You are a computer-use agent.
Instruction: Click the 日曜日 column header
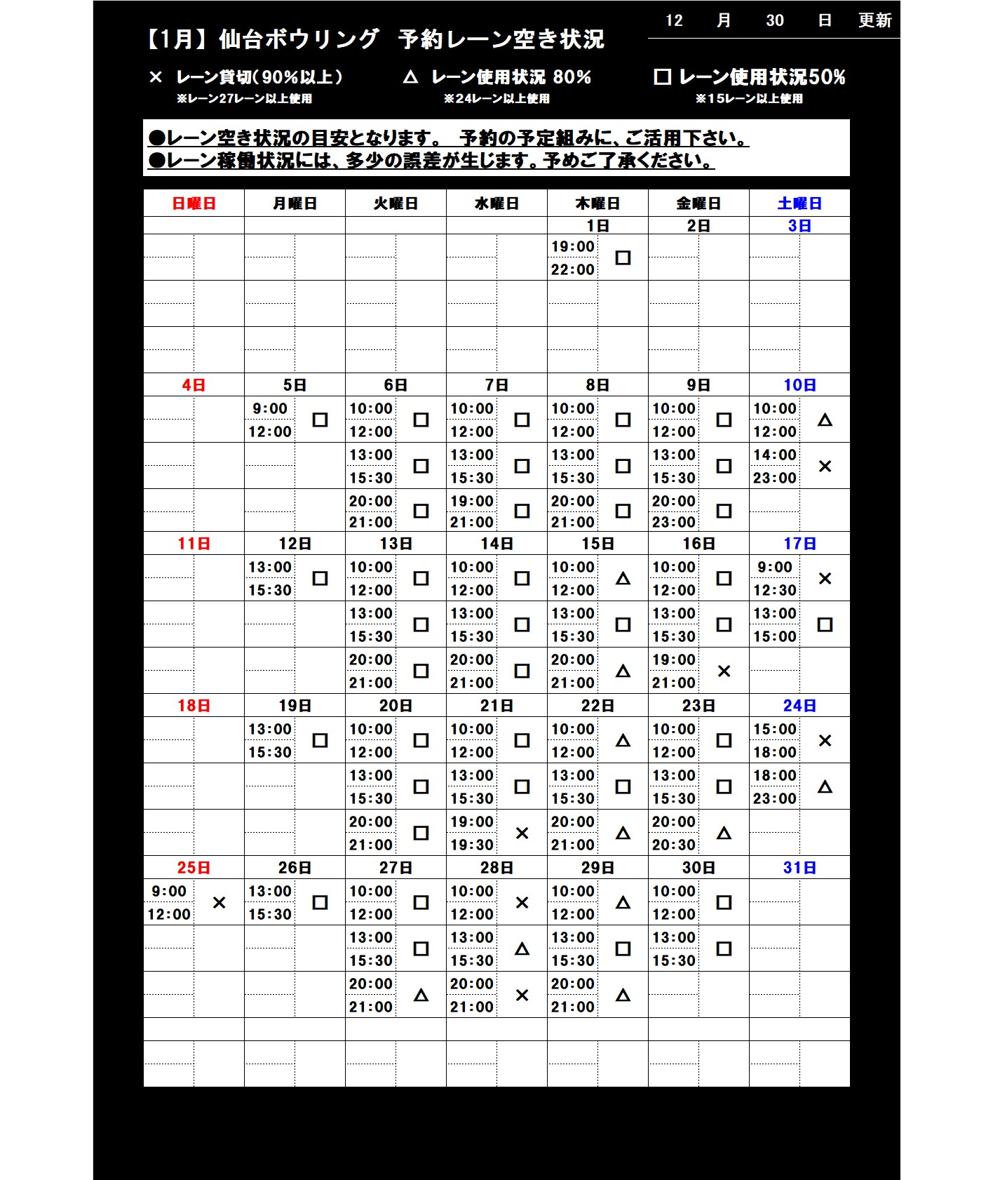point(194,203)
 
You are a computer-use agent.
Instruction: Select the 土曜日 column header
point(799,203)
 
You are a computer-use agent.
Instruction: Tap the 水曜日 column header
point(496,203)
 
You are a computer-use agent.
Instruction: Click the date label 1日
point(597,226)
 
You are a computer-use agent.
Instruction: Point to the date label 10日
point(799,385)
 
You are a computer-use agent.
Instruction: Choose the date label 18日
point(194,706)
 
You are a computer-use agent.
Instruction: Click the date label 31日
point(799,868)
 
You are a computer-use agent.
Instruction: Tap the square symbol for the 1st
point(623,258)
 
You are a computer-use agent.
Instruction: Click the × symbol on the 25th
point(219,903)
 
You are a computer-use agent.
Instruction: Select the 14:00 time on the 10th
point(774,455)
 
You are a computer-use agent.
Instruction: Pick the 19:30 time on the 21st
point(471,845)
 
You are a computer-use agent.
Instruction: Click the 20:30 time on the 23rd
point(673,845)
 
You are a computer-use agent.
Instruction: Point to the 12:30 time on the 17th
point(774,590)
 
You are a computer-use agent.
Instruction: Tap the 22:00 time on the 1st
point(572,269)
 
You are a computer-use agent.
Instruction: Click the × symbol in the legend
point(156,77)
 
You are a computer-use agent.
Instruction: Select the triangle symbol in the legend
point(410,77)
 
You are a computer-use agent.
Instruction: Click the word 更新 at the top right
point(874,20)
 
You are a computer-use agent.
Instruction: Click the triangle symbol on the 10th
point(825,420)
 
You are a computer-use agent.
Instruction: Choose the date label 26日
point(295,868)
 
